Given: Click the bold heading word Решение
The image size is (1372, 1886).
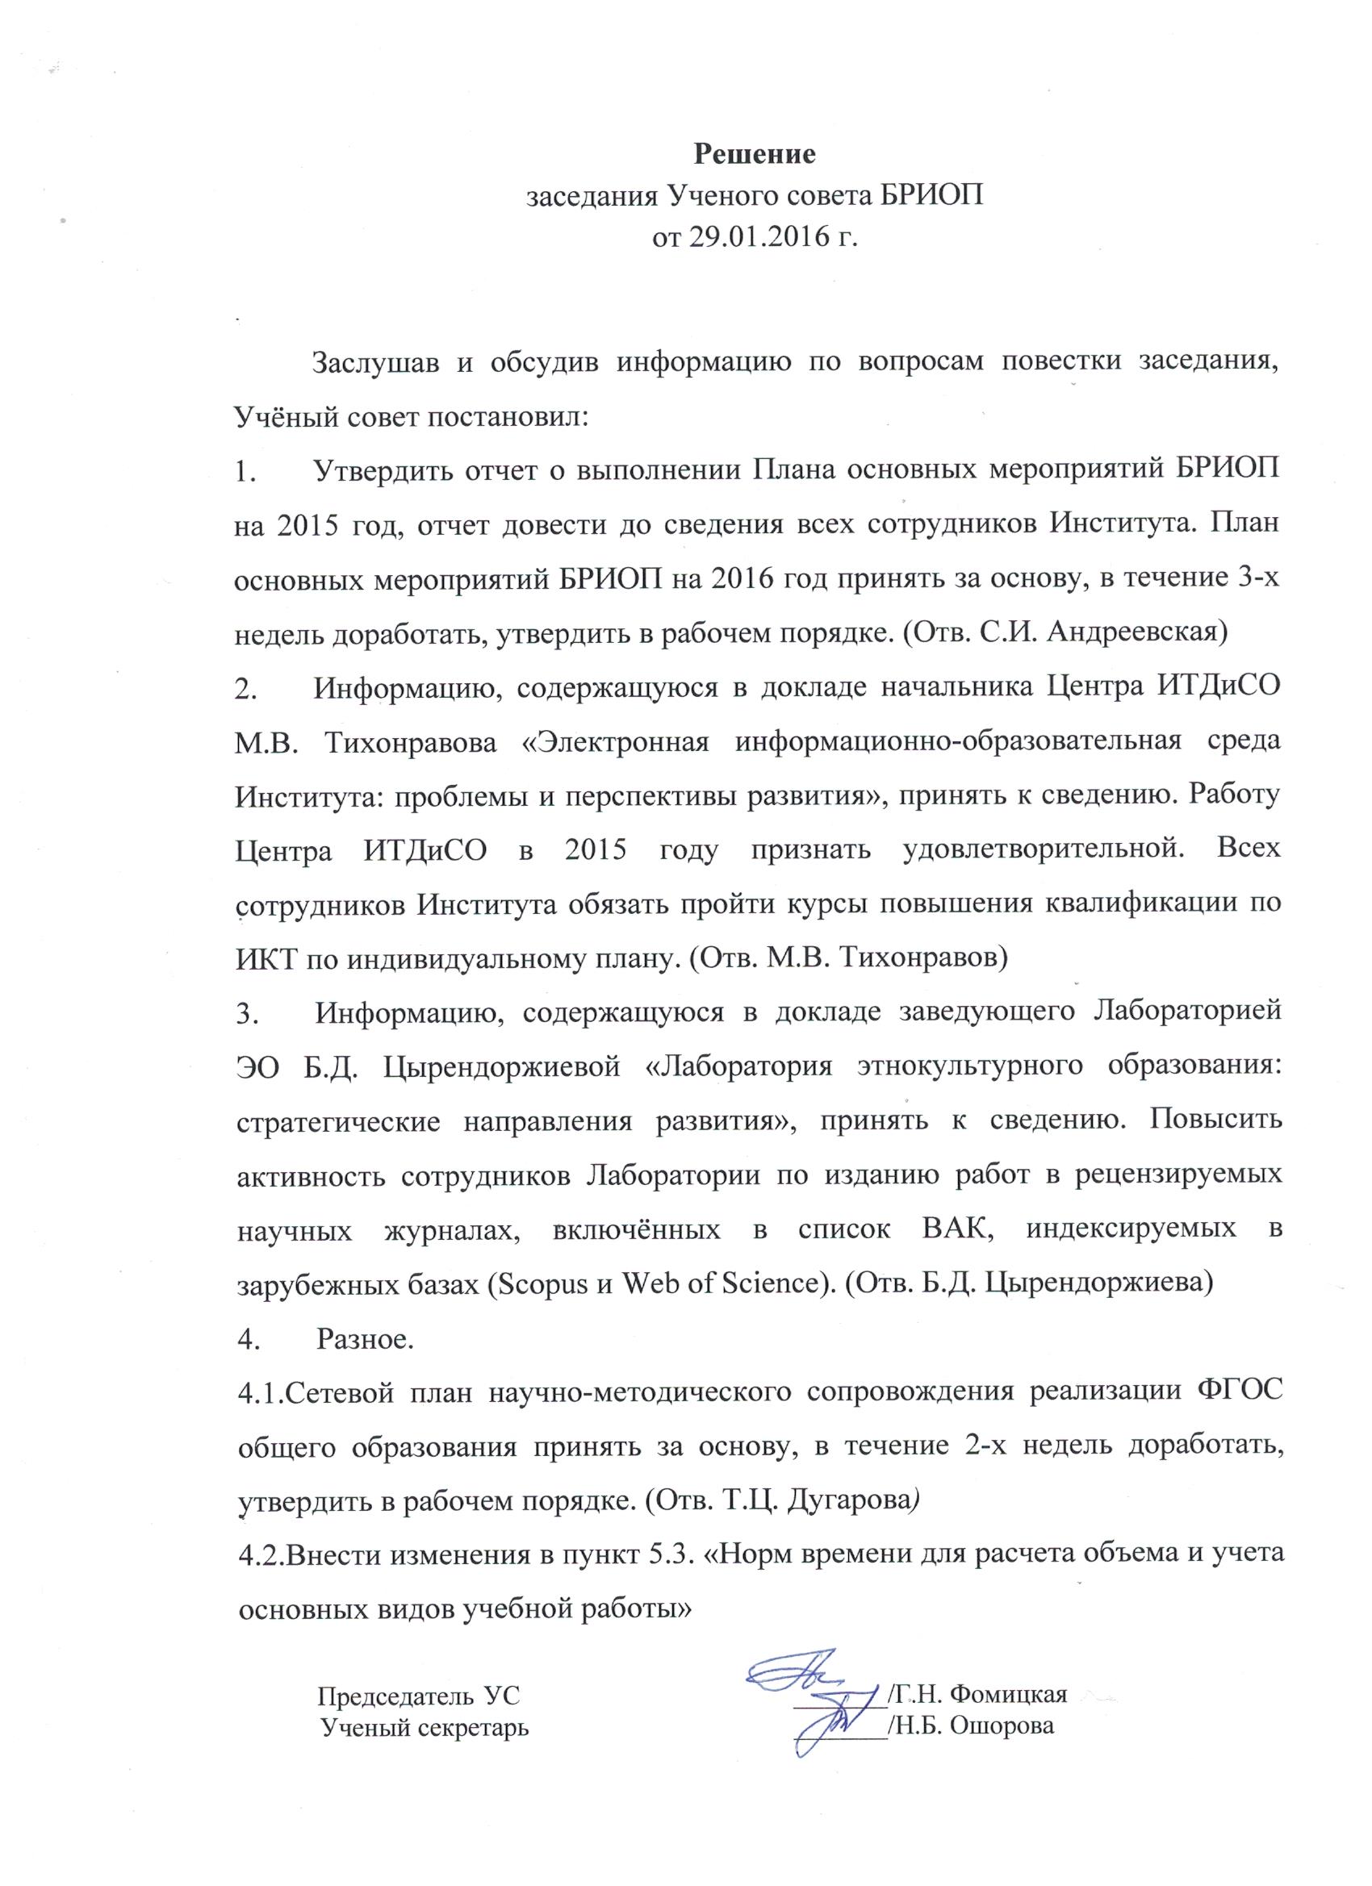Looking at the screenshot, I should (755, 155).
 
